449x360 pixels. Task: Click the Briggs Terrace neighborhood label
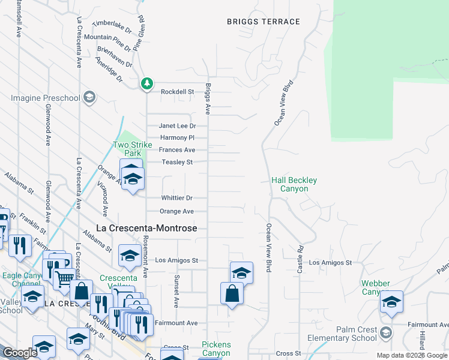tap(263, 22)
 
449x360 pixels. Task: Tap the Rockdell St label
tap(178, 92)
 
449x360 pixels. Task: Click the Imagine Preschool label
tap(46, 98)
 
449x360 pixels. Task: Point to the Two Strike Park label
tap(133, 149)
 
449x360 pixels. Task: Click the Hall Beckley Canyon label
tap(294, 184)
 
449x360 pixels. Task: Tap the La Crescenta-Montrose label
tap(147, 229)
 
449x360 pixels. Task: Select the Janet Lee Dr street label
tap(177, 126)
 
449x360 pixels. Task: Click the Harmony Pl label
tap(178, 138)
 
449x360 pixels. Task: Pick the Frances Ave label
tap(177, 150)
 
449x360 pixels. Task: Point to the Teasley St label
tap(177, 162)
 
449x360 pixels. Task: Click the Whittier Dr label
tap(176, 198)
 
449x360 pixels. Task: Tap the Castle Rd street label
tap(300, 260)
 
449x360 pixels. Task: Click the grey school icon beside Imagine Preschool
tap(89, 97)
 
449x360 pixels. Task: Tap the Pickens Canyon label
tap(216, 349)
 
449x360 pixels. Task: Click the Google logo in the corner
tap(19, 353)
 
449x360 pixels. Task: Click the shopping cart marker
tap(64, 277)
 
